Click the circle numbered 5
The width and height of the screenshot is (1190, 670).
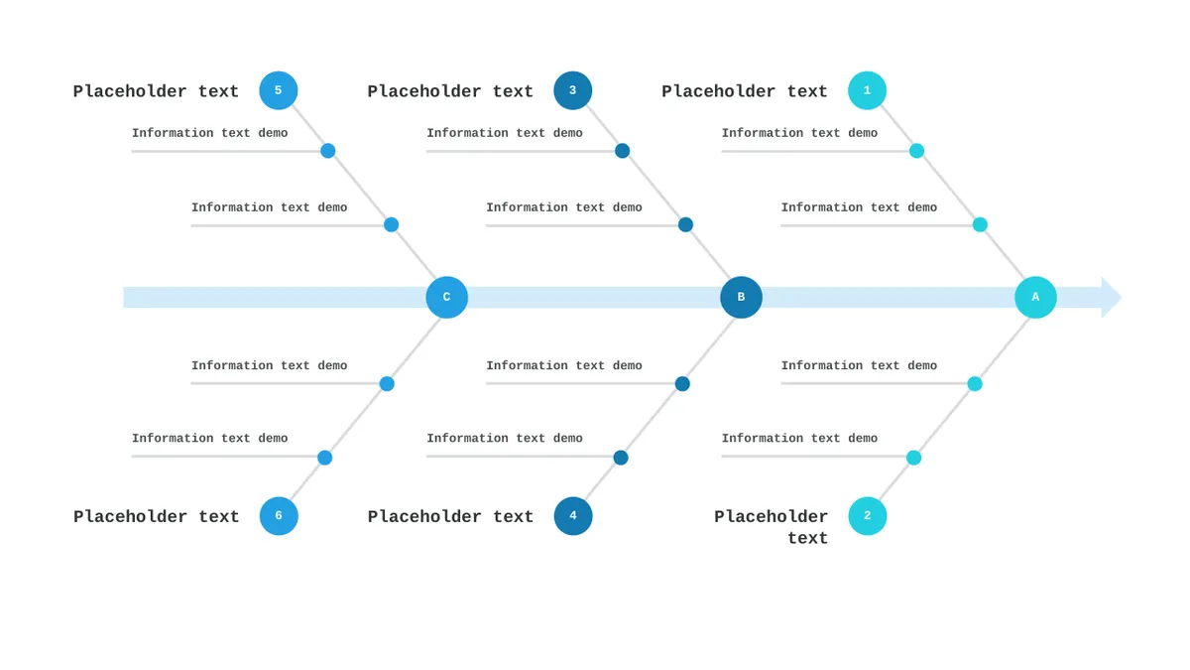point(279,90)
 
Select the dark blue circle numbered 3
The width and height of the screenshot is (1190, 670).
point(573,90)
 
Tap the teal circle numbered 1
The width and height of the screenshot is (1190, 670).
point(867,90)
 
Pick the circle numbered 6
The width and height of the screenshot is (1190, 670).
point(279,516)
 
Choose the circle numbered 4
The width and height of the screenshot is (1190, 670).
point(573,516)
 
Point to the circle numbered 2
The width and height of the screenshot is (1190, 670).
point(868,516)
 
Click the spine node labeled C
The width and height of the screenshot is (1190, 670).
point(447,297)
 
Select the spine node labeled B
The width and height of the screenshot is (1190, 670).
point(741,297)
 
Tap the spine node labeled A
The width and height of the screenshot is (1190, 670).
point(1035,297)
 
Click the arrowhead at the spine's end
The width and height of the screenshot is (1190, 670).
point(1112,297)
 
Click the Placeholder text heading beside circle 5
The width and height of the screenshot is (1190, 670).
point(156,91)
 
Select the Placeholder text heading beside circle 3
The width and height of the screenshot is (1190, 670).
point(450,91)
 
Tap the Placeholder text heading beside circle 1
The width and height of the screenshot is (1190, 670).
point(745,91)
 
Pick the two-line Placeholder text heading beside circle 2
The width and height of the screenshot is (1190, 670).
point(771,527)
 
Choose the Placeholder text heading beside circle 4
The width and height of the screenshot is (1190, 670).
point(450,517)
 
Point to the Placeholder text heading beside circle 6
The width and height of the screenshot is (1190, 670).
point(157,517)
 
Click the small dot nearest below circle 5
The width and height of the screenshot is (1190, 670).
point(328,151)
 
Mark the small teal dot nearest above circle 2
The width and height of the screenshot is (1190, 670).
point(913,458)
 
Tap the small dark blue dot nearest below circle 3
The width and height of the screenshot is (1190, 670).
point(622,151)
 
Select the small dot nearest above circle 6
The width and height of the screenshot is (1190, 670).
point(324,458)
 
